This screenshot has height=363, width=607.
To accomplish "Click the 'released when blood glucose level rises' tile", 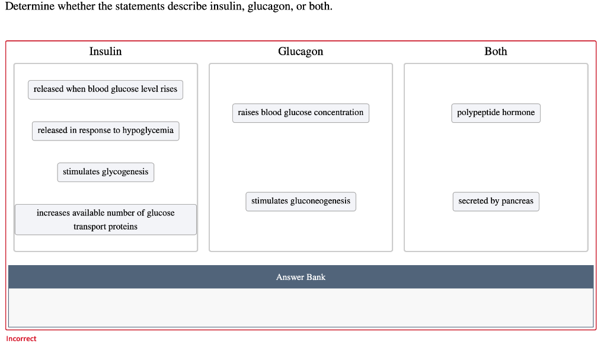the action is tap(106, 90).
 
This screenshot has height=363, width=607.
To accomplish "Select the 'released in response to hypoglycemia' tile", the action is tap(106, 130).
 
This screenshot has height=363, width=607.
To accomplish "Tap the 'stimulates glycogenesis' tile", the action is tap(106, 172).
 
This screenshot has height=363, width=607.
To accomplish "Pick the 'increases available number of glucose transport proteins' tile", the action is tap(106, 219).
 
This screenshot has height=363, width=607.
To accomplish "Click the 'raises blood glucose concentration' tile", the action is tap(301, 113).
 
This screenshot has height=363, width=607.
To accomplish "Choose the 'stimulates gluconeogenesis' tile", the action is tap(301, 202).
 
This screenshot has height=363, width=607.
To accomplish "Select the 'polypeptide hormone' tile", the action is tap(496, 113).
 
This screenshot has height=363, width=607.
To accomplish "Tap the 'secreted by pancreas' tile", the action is tap(496, 202).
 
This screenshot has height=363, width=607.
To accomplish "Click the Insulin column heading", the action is tap(106, 51).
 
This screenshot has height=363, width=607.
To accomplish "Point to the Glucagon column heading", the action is tap(301, 52).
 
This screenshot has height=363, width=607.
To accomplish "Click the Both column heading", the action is tap(496, 51).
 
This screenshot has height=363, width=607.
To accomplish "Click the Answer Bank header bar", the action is tap(301, 277).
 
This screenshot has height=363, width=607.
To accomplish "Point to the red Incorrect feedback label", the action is tap(21, 339).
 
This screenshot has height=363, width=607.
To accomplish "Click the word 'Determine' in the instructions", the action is tap(30, 6).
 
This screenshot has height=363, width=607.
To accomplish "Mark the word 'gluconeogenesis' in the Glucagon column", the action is tap(320, 201).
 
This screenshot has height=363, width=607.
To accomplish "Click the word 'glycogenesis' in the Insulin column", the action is tap(124, 172).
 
